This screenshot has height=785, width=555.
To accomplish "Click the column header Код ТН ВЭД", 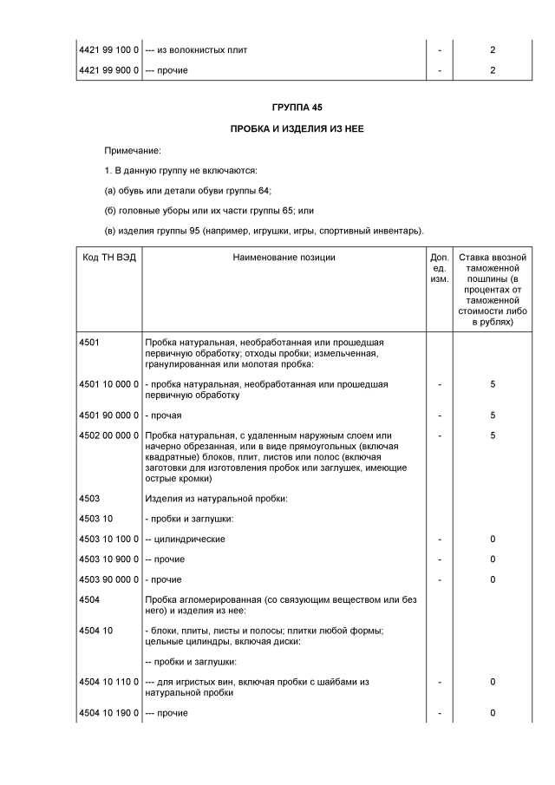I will (x=108, y=257).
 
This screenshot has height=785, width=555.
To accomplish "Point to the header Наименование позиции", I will (x=284, y=257).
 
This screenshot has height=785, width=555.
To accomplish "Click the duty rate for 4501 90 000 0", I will (x=493, y=415).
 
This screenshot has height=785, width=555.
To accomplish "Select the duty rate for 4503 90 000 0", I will (x=493, y=579).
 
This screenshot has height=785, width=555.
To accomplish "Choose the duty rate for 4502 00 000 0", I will (x=493, y=435).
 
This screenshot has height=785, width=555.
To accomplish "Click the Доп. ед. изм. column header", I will (x=440, y=268).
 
